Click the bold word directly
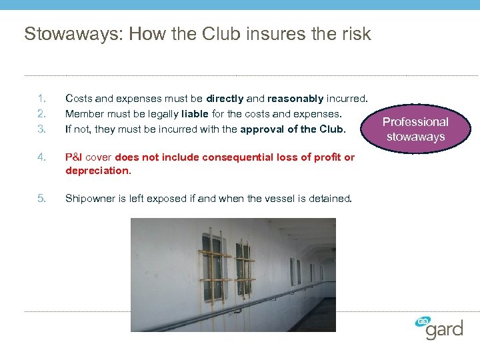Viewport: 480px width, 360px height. [225, 99]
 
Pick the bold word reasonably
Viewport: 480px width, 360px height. [295, 99]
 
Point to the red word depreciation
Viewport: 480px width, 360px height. [97, 171]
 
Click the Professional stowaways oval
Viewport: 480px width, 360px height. [415, 129]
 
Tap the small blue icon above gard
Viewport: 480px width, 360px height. [422, 321]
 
